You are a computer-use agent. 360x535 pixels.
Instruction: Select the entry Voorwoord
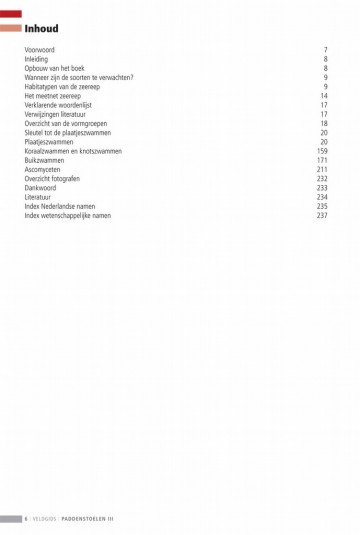click(40, 49)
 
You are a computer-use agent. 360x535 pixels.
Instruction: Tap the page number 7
click(326, 49)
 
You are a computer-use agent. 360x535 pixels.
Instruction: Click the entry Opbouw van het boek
click(57, 68)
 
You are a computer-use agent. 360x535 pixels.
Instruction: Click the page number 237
click(322, 216)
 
